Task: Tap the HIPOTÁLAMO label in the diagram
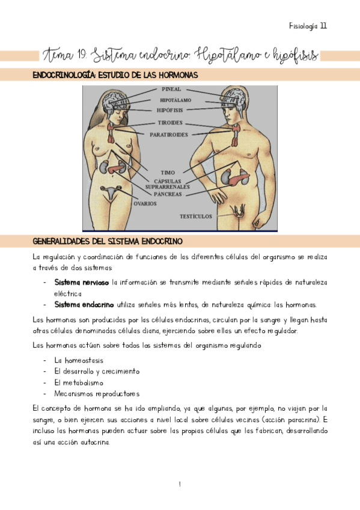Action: [176, 100]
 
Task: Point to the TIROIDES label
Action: [171, 123]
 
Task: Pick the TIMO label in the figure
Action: [168, 173]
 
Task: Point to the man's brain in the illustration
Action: [233, 98]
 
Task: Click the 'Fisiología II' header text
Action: [308, 26]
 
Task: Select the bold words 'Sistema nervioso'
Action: [82, 281]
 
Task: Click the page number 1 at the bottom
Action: [180, 484]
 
